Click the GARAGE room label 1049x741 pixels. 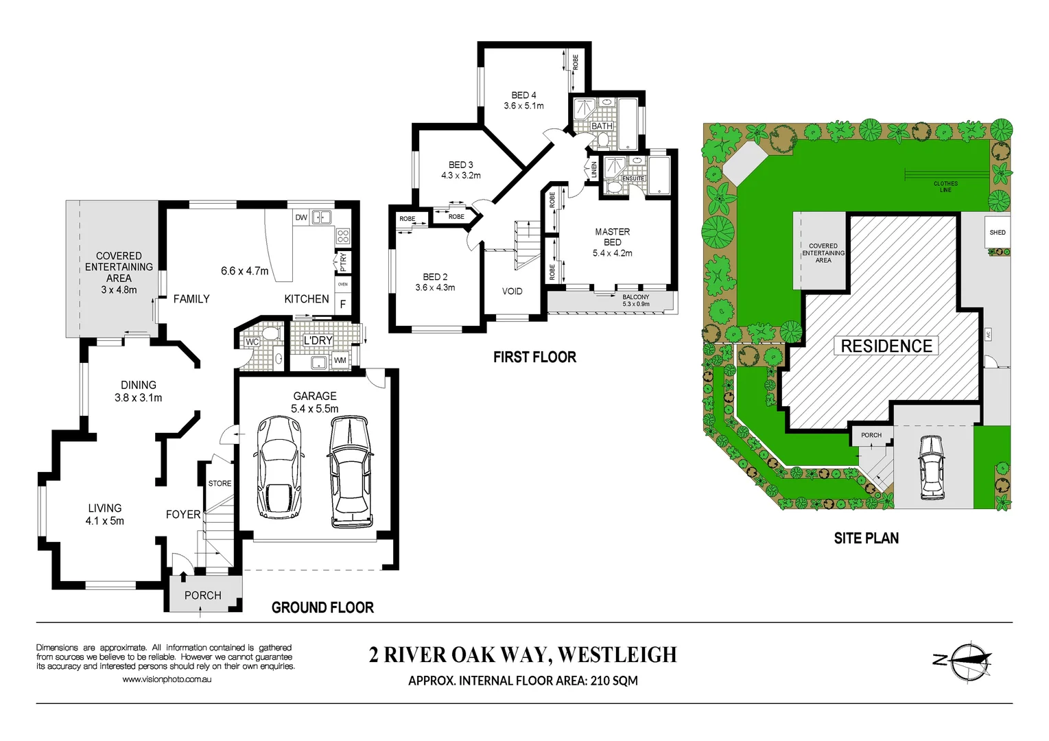click(315, 396)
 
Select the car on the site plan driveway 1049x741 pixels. click(931, 467)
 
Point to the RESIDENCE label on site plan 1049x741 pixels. click(886, 346)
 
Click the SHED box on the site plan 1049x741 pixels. click(998, 233)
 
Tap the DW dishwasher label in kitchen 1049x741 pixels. click(301, 217)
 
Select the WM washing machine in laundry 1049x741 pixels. click(340, 360)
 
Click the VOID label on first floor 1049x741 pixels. click(512, 292)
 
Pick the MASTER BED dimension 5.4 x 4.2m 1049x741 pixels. click(613, 253)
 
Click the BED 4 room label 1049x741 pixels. click(523, 95)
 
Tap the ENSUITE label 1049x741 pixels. click(633, 178)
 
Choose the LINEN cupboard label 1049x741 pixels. click(594, 169)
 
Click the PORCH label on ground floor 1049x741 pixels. click(203, 596)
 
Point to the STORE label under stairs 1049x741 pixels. click(220, 484)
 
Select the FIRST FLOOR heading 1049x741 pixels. click(534, 357)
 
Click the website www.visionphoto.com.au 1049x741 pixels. click(167, 679)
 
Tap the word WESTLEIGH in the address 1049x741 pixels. click(617, 655)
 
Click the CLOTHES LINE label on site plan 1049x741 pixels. click(945, 187)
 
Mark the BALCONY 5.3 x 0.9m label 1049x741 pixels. click(635, 301)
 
